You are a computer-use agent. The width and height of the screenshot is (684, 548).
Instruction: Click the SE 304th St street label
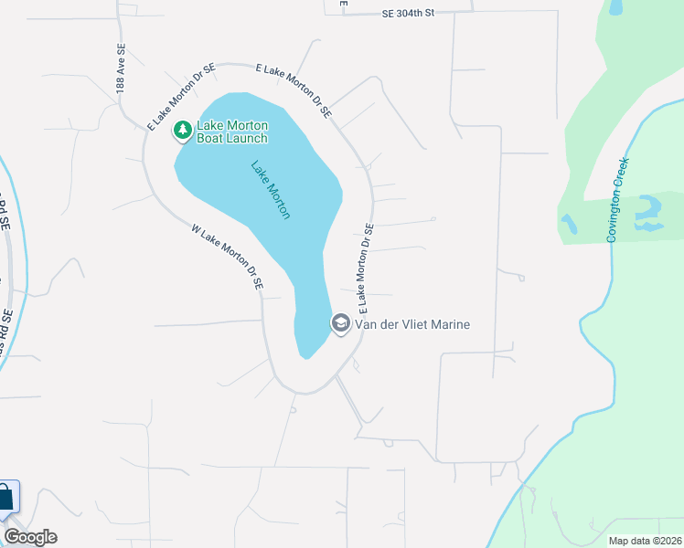(x=419, y=14)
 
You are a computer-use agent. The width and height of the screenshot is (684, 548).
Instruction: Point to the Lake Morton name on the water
(x=271, y=190)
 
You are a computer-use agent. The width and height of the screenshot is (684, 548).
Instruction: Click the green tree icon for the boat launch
(x=183, y=132)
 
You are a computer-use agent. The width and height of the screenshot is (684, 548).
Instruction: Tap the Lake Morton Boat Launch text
(x=233, y=132)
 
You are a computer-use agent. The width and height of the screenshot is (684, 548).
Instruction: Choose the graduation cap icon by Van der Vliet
(x=340, y=323)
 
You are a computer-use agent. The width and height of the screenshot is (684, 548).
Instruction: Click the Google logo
(x=30, y=537)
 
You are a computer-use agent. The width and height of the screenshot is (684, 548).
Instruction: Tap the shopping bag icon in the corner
(x=5, y=499)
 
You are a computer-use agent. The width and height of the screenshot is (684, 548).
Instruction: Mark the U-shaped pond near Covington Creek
(x=648, y=213)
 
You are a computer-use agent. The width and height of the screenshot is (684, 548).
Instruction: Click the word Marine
(x=448, y=323)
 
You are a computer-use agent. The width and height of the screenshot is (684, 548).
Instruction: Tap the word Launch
(x=249, y=138)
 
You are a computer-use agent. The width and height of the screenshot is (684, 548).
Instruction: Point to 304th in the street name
(x=425, y=14)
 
